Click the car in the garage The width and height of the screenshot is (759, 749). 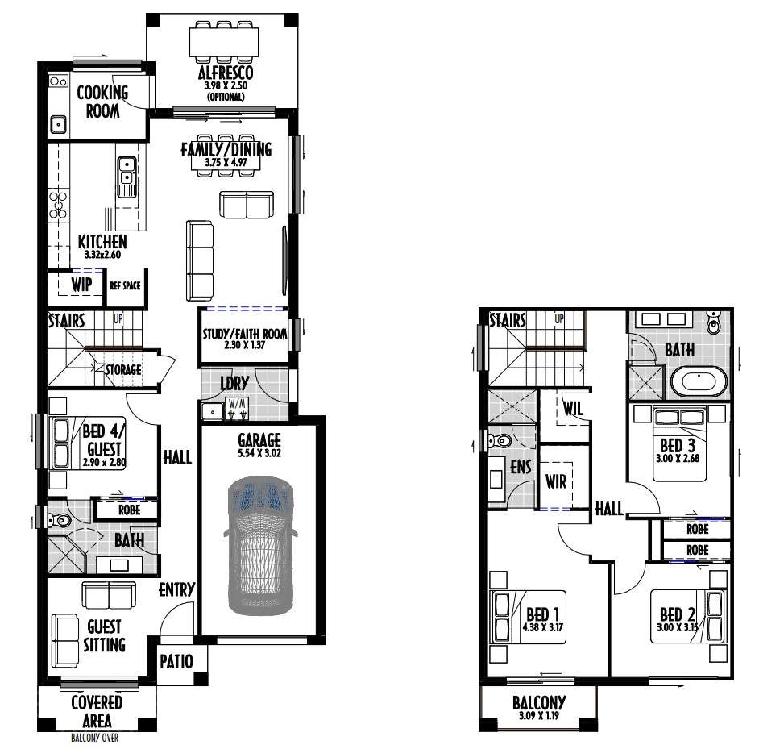coord(260,546)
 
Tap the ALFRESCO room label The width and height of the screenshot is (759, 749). coord(226,73)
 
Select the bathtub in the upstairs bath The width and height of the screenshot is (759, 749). coord(699,382)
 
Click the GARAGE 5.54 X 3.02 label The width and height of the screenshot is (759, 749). coord(259,446)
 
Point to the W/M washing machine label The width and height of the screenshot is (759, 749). coord(237,403)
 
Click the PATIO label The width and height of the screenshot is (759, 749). coord(176,661)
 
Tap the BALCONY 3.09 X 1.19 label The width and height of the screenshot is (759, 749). coord(539,708)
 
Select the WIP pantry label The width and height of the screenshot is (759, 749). coord(81,285)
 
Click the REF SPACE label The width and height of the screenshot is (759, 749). coord(125,286)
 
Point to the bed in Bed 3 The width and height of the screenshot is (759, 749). coord(679,443)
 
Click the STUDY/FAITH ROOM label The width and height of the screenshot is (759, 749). coord(244,339)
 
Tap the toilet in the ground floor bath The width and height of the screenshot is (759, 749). coord(59,520)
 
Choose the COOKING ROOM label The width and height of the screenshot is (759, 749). coord(102,102)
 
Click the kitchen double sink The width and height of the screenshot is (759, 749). coord(126,177)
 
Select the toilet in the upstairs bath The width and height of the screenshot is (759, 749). coord(713,323)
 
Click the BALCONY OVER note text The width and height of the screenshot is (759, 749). coord(94,739)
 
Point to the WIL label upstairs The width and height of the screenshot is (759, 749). coord(573,408)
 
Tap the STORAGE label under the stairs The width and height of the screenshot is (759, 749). coord(123,369)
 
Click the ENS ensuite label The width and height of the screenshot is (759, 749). coord(521,467)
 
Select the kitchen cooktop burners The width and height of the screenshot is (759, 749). coord(58,205)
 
